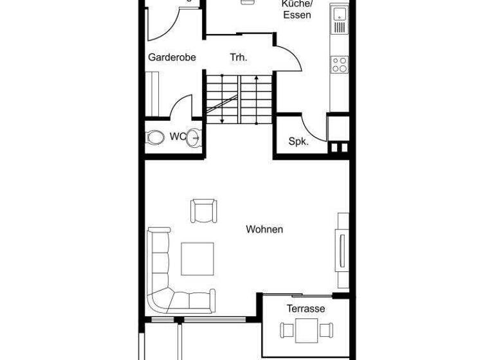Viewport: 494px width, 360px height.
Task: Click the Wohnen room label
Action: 264,230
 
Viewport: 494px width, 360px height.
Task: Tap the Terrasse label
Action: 306,309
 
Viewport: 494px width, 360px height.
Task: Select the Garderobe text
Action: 172,57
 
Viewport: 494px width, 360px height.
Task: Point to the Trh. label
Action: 239,57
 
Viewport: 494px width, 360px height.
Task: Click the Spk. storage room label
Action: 298,141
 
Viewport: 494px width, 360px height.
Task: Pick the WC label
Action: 178,136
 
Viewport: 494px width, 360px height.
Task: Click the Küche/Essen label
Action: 297,10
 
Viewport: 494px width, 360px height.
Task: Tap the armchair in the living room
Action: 204,211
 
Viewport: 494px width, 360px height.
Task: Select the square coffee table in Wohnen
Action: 197,258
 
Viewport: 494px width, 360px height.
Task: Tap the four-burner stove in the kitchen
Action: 339,64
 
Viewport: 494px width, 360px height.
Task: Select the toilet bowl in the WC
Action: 155,137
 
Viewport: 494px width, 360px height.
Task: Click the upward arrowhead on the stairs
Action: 257,77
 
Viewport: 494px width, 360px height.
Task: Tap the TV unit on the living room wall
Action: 342,250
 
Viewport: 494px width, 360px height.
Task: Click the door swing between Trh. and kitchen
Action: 289,57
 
